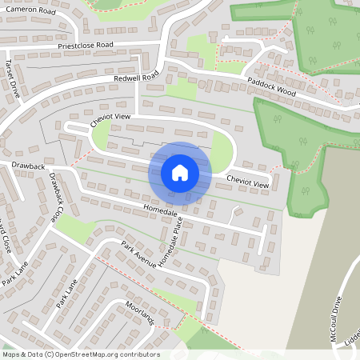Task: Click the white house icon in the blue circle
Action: [x=180, y=173]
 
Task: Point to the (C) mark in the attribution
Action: [x=49, y=354]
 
